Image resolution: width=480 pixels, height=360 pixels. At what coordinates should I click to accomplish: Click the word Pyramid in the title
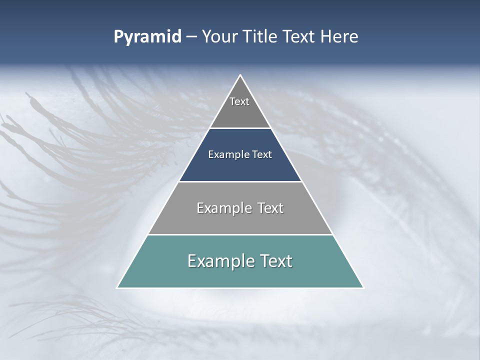(147, 37)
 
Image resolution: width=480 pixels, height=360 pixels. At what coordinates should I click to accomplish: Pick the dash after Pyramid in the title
(191, 37)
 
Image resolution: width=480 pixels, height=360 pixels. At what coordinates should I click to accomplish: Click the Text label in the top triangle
(239, 101)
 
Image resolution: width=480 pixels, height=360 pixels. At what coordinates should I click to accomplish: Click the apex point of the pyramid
(240, 75)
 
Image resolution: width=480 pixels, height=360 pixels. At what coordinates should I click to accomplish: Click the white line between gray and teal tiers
(240, 234)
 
